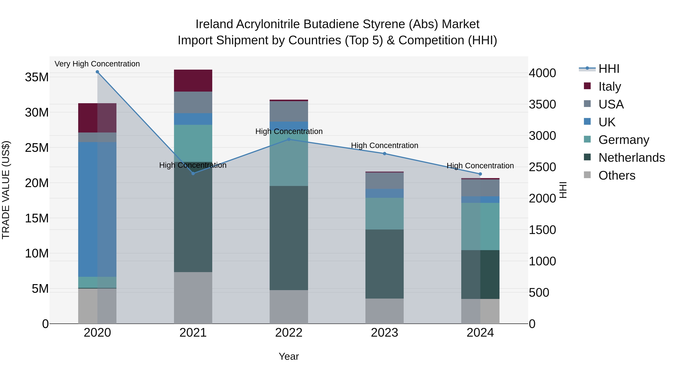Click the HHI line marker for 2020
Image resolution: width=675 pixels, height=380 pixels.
[x=97, y=72]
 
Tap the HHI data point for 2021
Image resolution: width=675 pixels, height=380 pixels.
[x=193, y=173]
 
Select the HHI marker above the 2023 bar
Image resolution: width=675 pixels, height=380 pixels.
[x=384, y=154]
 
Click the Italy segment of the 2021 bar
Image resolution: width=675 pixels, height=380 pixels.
[x=193, y=81]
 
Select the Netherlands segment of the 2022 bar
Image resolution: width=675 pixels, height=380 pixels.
[x=289, y=238]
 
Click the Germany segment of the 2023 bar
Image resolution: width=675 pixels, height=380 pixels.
[x=384, y=214]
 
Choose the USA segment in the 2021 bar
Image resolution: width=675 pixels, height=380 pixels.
[x=193, y=102]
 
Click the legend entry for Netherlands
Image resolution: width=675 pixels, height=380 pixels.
[x=631, y=158]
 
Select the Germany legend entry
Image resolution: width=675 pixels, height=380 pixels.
[x=624, y=140]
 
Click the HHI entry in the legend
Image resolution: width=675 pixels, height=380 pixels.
[x=609, y=69]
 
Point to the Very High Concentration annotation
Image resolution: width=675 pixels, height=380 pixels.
[x=97, y=64]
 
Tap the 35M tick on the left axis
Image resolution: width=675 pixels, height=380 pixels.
[x=37, y=77]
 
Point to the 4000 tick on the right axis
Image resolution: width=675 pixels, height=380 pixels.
[x=542, y=73]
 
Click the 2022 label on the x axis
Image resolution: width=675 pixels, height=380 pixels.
[x=289, y=333]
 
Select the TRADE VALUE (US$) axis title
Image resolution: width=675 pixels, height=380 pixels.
[x=6, y=190]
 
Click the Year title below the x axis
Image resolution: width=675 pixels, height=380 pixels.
[x=289, y=356]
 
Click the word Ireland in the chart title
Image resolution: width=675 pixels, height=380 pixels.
[x=214, y=24]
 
